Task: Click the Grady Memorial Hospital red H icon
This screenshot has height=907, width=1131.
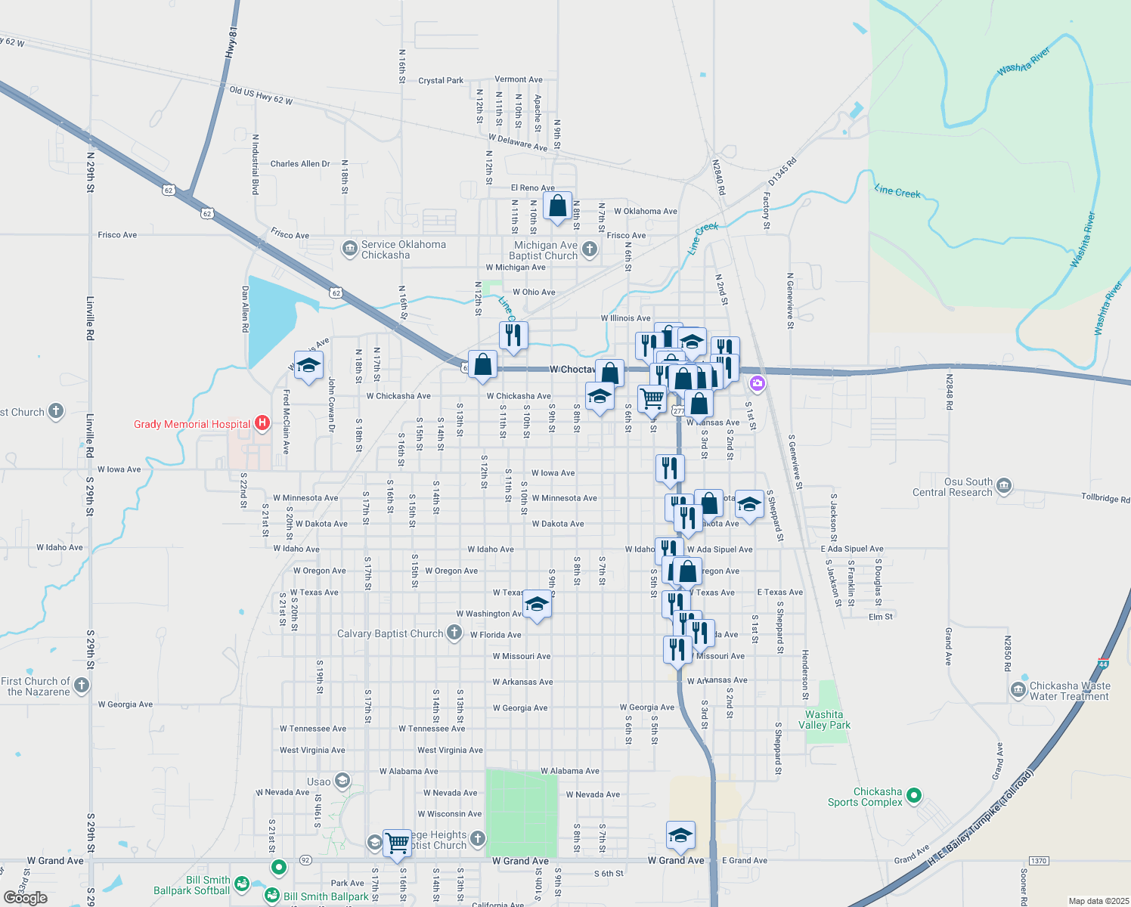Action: [262, 423]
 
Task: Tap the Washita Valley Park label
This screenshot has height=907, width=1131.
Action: [824, 720]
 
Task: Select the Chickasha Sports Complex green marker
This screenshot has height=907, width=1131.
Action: [914, 795]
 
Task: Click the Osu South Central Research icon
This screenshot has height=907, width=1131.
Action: [1004, 485]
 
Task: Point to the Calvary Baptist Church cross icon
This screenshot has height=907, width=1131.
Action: [454, 633]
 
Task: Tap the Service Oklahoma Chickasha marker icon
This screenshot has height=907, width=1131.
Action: [349, 249]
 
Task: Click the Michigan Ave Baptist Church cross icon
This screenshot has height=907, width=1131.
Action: [590, 249]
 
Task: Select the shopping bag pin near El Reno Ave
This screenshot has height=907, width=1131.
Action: [557, 206]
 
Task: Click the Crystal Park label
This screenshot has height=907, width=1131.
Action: [441, 80]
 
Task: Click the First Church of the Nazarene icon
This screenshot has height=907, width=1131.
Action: [82, 685]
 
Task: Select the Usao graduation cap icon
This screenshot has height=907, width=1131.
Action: [342, 781]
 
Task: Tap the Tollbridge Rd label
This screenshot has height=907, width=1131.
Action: [1105, 497]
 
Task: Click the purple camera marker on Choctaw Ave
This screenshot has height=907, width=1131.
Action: [757, 384]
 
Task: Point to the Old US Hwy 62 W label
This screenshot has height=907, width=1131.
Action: [261, 96]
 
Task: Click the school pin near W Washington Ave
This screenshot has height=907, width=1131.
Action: [537, 605]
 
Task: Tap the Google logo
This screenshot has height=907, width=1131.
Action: [26, 898]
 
